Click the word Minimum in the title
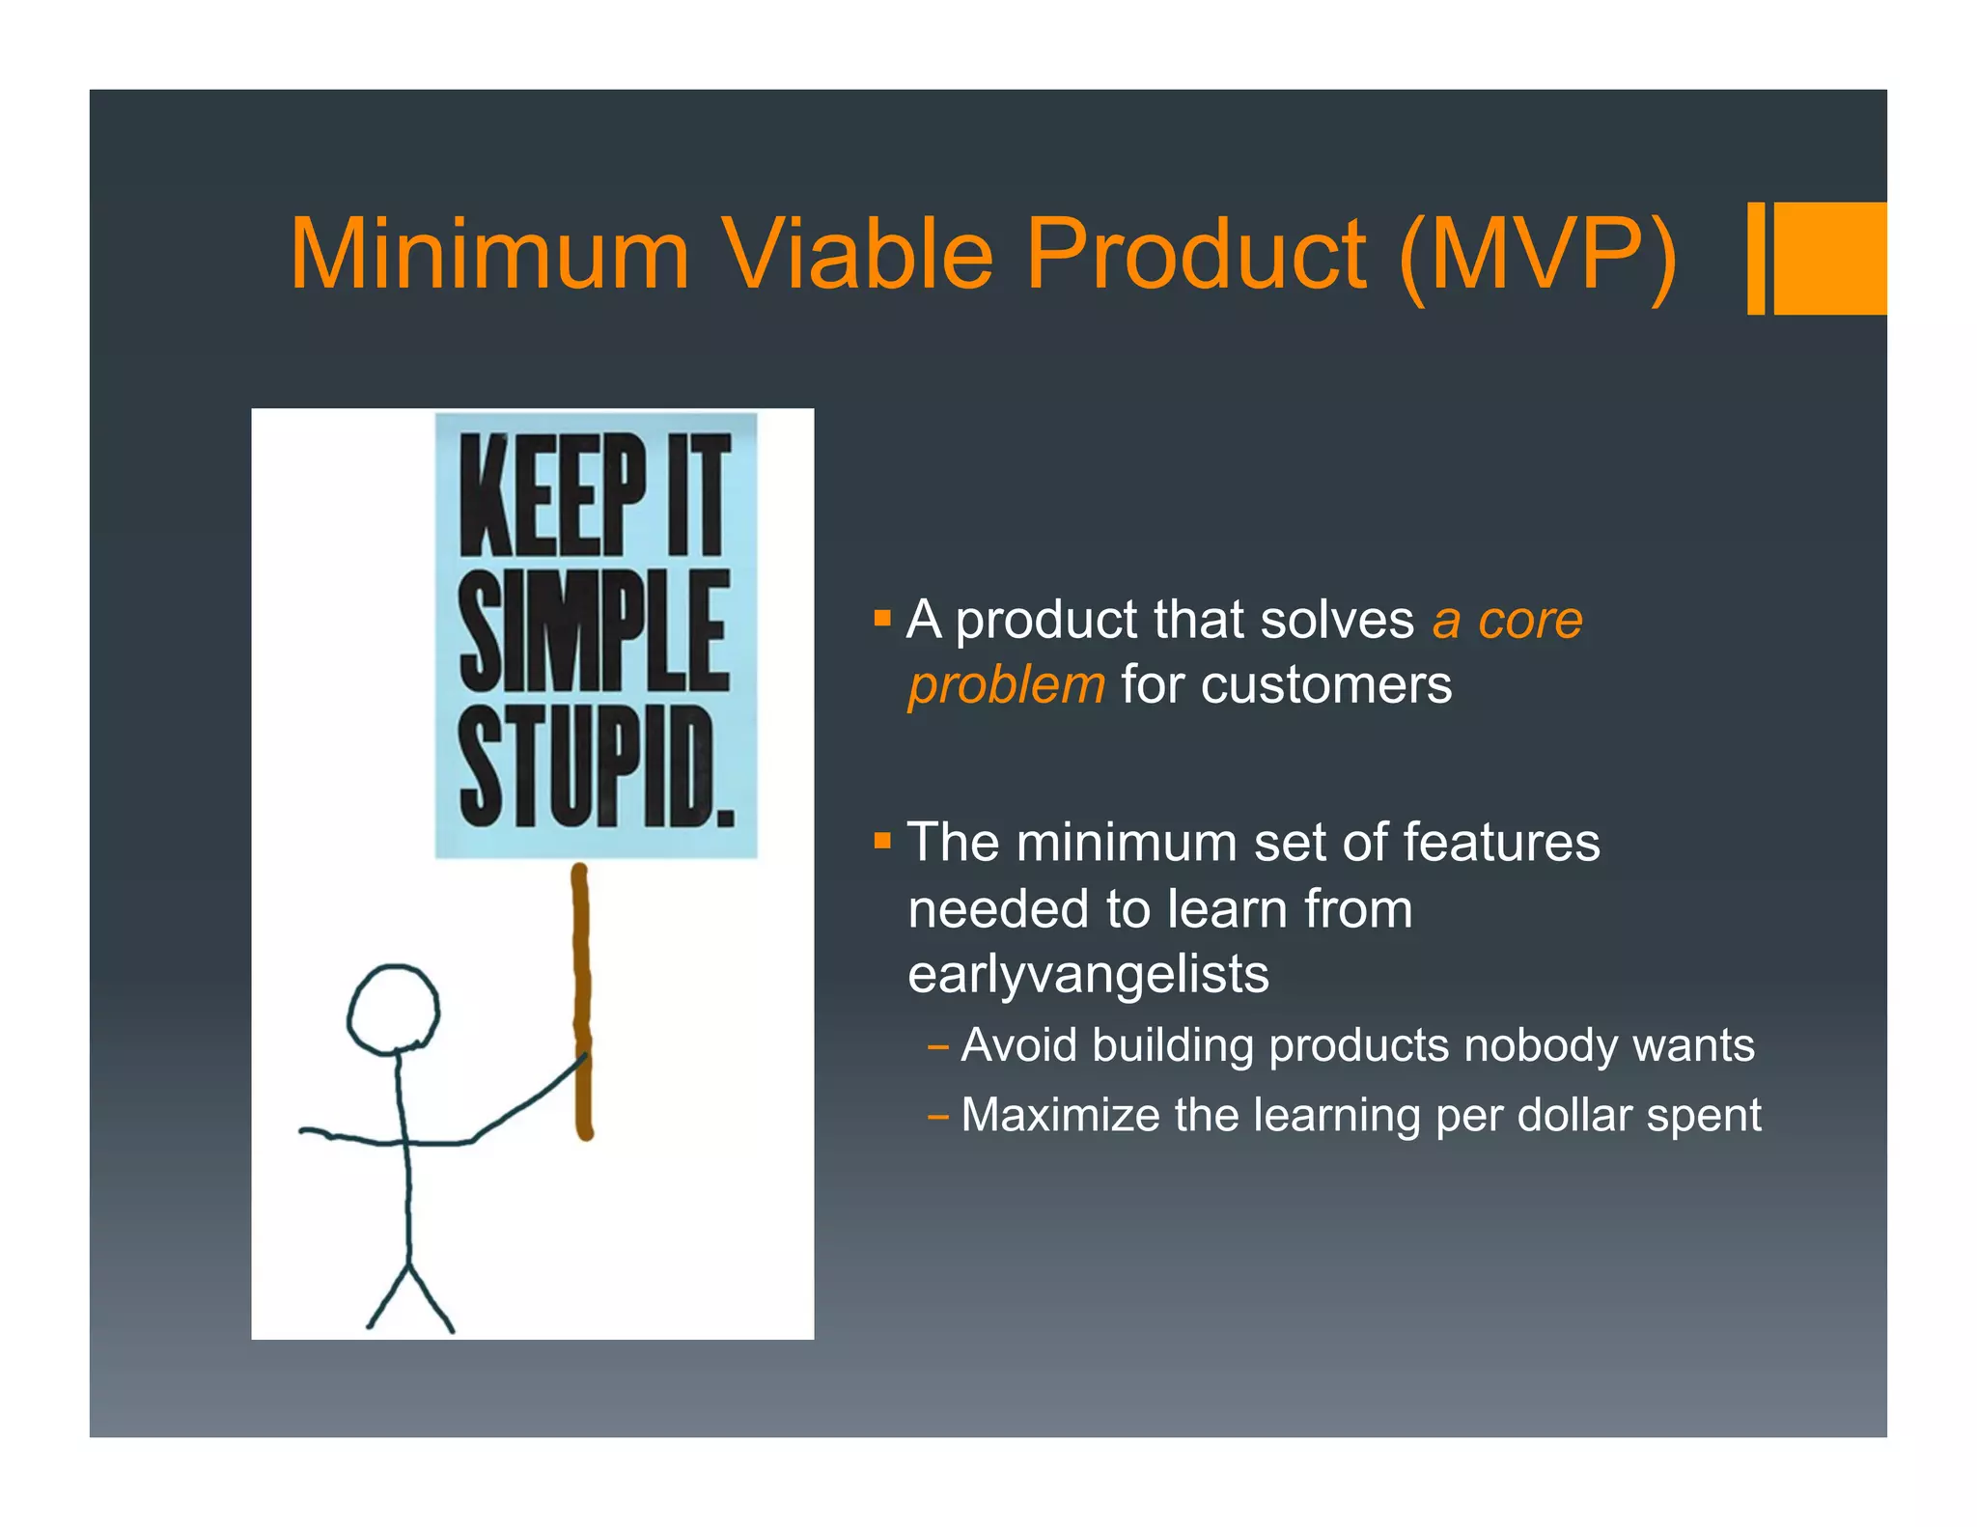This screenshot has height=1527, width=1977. tap(489, 254)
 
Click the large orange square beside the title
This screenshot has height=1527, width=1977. tap(1829, 258)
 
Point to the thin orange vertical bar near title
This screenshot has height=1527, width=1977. tap(1756, 258)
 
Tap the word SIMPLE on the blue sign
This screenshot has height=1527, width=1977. tap(594, 632)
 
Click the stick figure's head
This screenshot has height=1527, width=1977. tap(393, 1009)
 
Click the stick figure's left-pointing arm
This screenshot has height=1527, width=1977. tap(348, 1137)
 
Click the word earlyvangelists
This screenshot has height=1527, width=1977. tap(1088, 974)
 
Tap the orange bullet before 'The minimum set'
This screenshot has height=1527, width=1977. tap(881, 841)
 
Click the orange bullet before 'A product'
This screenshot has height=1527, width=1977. tap(881, 618)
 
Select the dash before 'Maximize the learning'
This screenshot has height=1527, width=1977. tap(936, 1118)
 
